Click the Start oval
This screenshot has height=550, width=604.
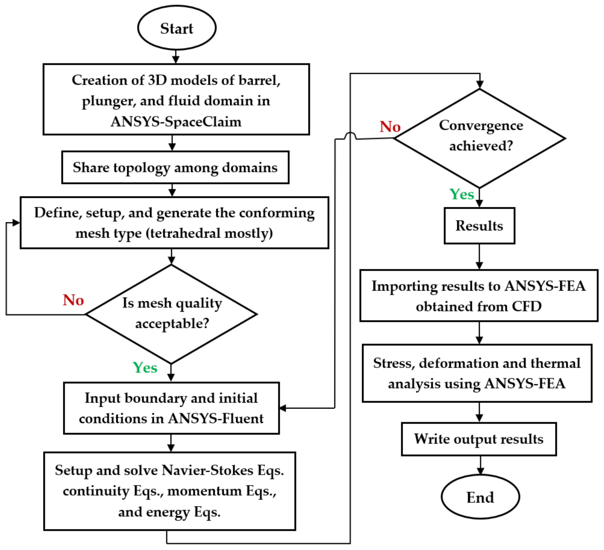click(x=177, y=28)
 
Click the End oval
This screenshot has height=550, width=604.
click(x=480, y=497)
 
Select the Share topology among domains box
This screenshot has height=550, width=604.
click(x=175, y=167)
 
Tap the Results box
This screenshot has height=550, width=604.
click(x=479, y=226)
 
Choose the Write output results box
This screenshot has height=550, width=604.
click(x=479, y=439)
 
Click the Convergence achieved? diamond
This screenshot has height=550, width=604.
click(x=479, y=139)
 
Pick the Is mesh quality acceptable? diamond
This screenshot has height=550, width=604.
click(x=171, y=314)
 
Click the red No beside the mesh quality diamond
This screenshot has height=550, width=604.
click(x=73, y=300)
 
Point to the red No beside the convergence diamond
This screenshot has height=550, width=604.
click(x=390, y=126)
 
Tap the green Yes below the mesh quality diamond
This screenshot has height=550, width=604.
click(x=145, y=368)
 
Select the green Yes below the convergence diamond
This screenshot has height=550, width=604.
click(x=462, y=194)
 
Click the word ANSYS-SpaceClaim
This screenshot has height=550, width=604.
click(x=176, y=122)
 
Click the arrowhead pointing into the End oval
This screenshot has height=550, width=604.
click(x=480, y=471)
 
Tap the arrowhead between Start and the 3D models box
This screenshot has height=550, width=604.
click(x=176, y=60)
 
